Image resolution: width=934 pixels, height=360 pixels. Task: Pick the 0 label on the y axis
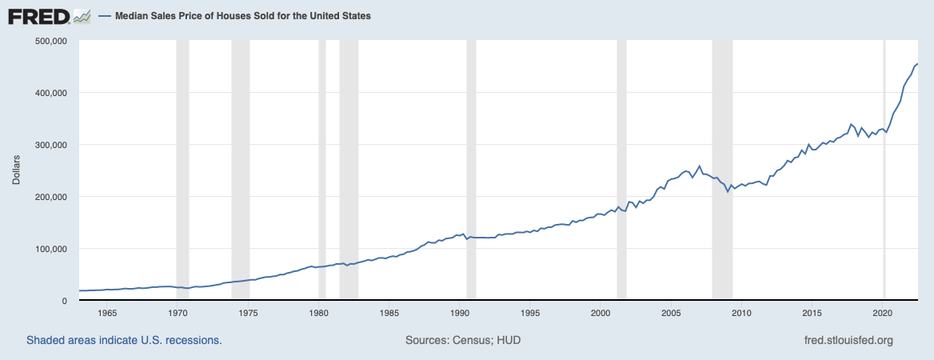point(68,301)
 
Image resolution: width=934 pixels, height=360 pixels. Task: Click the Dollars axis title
point(17,170)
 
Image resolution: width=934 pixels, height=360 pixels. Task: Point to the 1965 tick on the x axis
point(107,313)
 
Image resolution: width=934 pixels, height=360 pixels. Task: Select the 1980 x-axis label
point(319,313)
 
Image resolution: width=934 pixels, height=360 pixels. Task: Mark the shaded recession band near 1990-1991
point(471,160)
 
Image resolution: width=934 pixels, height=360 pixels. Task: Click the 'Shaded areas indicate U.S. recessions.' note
point(124,340)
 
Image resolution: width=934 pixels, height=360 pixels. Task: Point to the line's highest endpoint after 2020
point(916,64)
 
